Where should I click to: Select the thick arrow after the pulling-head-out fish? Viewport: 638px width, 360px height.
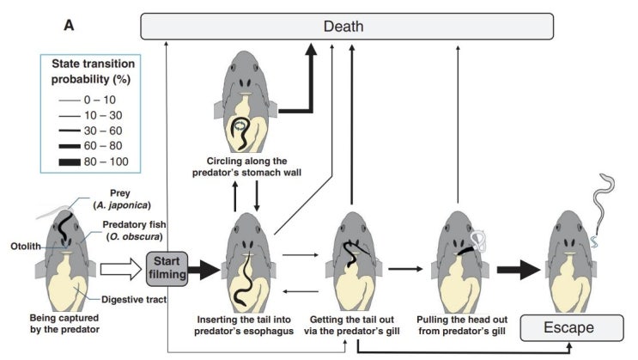point(512,267)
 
